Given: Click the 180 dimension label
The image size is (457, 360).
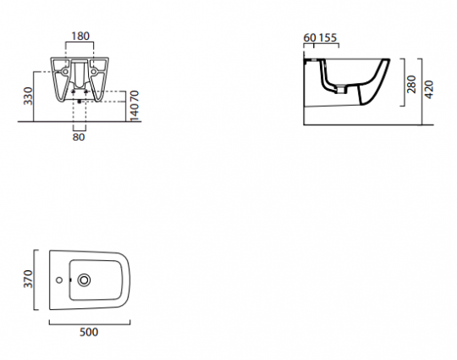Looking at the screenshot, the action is click(x=80, y=36).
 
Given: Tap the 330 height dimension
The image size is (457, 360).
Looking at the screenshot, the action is click(x=28, y=96).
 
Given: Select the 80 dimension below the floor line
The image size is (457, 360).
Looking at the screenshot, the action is click(x=79, y=137).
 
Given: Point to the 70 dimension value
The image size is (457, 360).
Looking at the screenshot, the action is click(x=135, y=96).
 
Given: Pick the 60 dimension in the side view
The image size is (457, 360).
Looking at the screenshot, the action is click(x=310, y=37).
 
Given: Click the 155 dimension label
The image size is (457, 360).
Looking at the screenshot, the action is click(x=328, y=37).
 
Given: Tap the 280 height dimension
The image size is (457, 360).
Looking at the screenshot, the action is click(x=411, y=84).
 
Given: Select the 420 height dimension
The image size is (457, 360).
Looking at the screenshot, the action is click(x=429, y=89).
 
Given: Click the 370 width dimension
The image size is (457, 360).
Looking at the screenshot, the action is click(x=28, y=279).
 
